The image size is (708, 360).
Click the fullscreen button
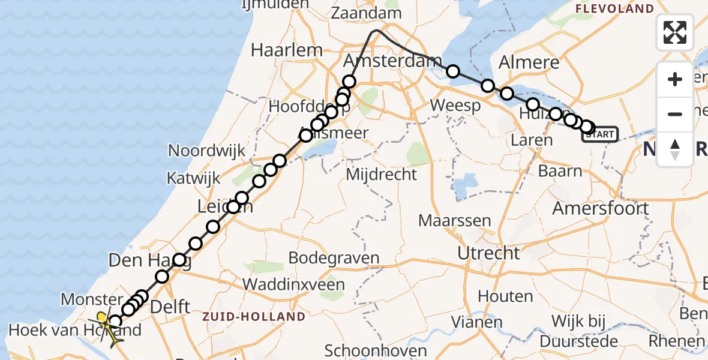(x=675, y=32)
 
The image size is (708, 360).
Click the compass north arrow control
(x=675, y=149)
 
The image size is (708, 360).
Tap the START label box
(x=600, y=134)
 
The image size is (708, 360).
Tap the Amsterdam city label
(x=392, y=61)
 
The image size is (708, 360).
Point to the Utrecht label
(x=488, y=253)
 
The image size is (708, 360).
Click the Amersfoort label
(x=600, y=209)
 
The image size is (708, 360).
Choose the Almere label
(x=529, y=62)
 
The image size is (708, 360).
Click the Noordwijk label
(x=207, y=150)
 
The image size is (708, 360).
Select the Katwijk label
(x=194, y=178)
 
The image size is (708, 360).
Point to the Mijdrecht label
(x=382, y=175)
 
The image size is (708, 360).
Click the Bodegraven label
(x=334, y=258)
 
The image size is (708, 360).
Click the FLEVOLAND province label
(x=614, y=8)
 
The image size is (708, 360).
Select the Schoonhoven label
(x=376, y=350)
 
